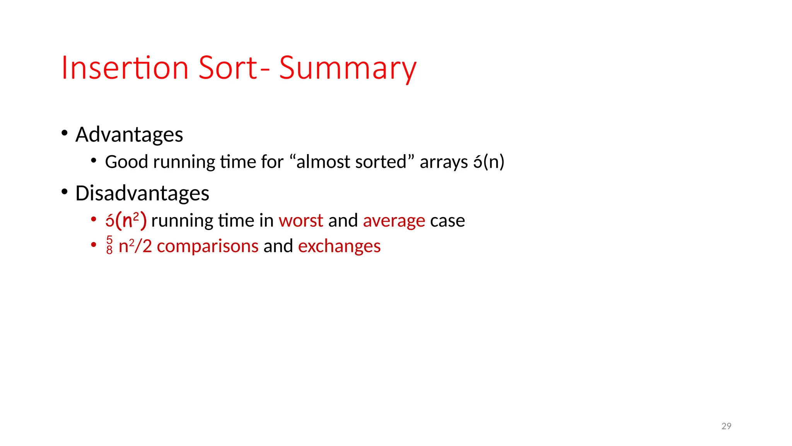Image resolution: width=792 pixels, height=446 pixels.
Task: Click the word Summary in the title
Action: coord(347,69)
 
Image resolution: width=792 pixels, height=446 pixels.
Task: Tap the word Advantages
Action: coord(129,135)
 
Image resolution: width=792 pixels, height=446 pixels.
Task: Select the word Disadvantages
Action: coord(142,193)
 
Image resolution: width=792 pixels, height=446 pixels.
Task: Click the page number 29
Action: coord(726,426)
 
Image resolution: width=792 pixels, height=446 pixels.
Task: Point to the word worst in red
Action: coord(300,221)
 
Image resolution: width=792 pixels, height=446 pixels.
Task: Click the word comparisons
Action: coord(207,246)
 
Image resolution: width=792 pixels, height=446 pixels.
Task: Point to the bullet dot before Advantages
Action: coord(65,133)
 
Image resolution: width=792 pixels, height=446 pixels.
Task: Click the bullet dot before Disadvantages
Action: coord(65,191)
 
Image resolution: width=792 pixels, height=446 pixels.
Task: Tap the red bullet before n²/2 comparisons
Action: coord(94,245)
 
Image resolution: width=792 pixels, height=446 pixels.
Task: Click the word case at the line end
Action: coord(447,221)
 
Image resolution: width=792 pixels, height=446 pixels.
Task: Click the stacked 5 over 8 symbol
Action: coord(109,245)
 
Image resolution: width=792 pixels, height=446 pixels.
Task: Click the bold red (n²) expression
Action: coord(131,220)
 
